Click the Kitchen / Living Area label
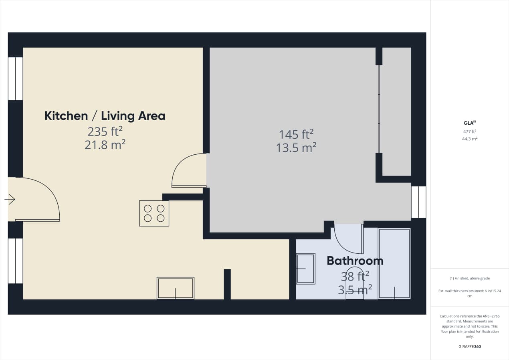click(105, 116)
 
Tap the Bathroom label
click(355, 261)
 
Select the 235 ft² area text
click(105, 131)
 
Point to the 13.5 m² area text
click(296, 148)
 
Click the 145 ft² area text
click(296, 133)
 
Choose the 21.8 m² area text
click(105, 145)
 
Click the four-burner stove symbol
click(154, 213)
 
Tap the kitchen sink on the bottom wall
click(176, 288)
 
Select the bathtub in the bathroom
click(394, 263)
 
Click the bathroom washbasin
click(305, 269)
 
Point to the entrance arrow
click(10, 199)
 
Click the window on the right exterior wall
click(418, 202)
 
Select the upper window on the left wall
click(15, 79)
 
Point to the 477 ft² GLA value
click(469, 131)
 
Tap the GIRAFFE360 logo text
click(469, 346)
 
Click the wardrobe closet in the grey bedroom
click(396, 111)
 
